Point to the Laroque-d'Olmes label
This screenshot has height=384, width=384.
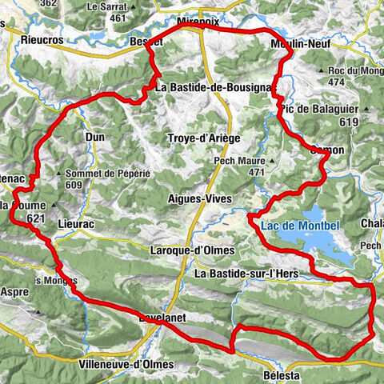tap(192, 250)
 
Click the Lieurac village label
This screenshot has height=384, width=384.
tap(77, 226)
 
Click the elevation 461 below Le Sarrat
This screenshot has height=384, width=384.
tap(118, 18)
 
